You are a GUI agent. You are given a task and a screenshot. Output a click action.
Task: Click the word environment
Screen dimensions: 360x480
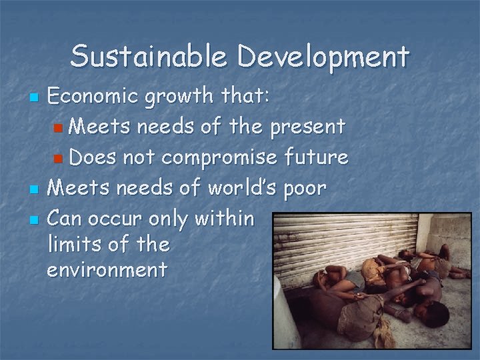click(x=107, y=270)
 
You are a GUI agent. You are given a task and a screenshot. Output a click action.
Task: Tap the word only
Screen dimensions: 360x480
click(x=171, y=217)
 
